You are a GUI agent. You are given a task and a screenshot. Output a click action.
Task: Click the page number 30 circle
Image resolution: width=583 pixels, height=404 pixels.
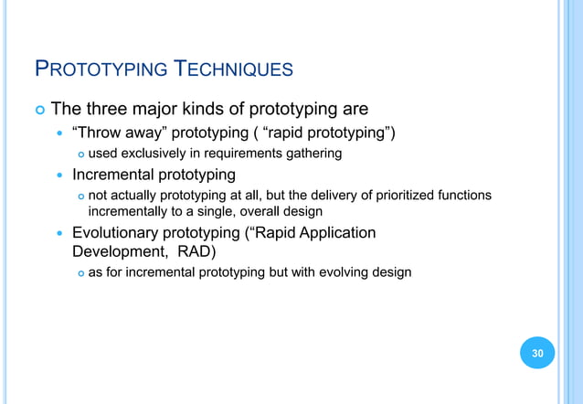pyautogui.click(x=537, y=353)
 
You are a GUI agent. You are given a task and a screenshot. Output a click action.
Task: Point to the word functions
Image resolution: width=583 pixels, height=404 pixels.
pyautogui.click(x=462, y=195)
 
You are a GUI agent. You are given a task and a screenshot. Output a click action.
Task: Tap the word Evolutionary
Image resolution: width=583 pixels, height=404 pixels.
pyautogui.click(x=117, y=232)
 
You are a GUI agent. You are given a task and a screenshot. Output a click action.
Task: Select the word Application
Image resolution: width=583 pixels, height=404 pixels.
pyautogui.click(x=334, y=232)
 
